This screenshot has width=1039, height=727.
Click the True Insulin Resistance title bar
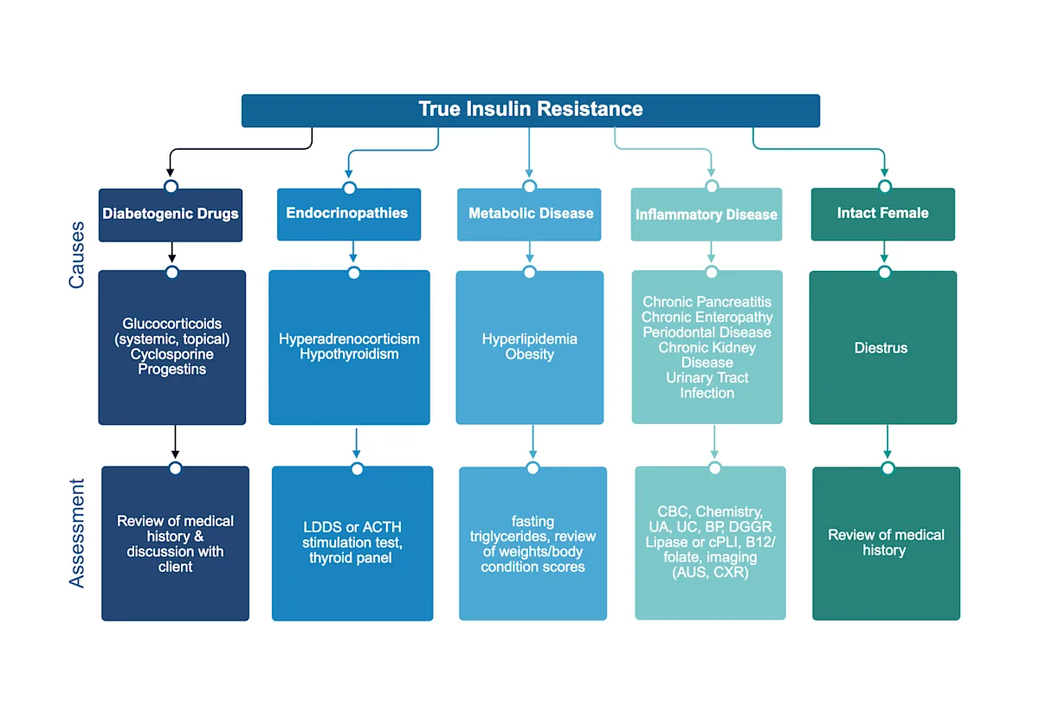point(530,110)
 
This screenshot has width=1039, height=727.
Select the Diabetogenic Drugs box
point(171,214)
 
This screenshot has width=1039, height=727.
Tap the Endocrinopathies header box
point(348,213)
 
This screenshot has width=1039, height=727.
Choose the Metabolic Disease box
point(530,213)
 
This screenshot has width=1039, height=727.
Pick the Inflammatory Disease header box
point(707,215)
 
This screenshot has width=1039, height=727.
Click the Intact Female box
point(882,213)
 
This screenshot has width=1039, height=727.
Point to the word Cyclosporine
point(171,354)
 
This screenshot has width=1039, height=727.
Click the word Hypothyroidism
point(349,354)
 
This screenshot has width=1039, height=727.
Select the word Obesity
point(530,354)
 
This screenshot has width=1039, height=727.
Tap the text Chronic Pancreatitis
point(707,302)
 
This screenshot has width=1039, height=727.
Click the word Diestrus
point(882,348)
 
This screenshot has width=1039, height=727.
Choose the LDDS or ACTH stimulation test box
point(352,544)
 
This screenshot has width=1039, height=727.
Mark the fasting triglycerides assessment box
point(532,544)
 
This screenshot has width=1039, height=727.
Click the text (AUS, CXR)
point(710,572)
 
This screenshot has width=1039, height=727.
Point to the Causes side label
point(77,254)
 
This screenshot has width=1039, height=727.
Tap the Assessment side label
point(77,533)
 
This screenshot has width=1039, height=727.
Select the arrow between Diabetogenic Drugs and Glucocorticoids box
point(171,252)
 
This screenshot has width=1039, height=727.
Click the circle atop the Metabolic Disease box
point(530,186)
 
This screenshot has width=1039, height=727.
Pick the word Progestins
point(171,370)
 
